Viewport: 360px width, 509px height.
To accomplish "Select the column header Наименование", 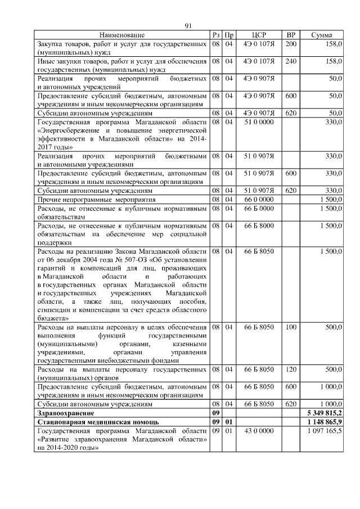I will pyautogui.click(x=122, y=35).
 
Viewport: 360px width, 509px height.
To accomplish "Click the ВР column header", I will pyautogui.click(x=291, y=35).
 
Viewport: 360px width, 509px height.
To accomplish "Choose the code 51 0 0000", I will pyautogui.click(x=259, y=122).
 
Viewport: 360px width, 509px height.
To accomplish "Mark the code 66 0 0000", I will pyautogui.click(x=259, y=199).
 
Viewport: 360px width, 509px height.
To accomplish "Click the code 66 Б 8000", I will pyautogui.click(x=259, y=226).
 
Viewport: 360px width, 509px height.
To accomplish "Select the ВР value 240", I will pyautogui.click(x=291, y=61).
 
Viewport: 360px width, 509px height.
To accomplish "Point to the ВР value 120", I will pyautogui.click(x=291, y=369).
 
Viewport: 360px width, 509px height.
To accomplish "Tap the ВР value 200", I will pyautogui.click(x=291, y=43).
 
